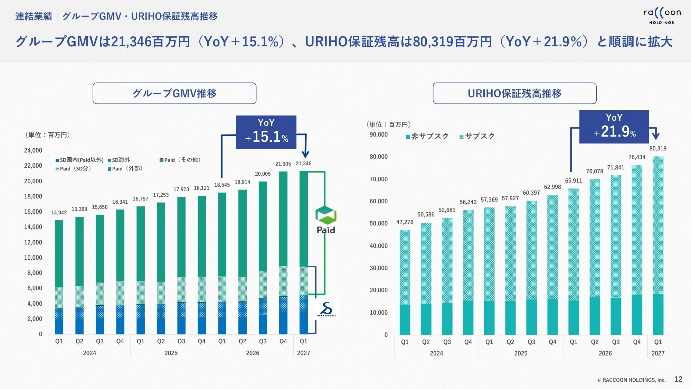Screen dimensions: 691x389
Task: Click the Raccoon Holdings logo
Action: coord(662,16)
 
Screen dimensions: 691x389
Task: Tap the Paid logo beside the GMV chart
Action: coord(326,220)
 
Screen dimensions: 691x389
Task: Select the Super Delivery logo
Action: coord(326,309)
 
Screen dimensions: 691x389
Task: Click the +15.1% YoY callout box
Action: coord(266,132)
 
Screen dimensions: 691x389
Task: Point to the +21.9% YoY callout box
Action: coord(614,127)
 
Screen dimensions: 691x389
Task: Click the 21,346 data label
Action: coord(303,164)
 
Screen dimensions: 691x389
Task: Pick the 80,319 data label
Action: coord(658,148)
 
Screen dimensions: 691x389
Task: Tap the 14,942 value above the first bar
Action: coord(59,213)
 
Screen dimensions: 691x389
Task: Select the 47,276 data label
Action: coord(405,222)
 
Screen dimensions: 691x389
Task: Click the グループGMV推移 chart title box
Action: coord(174,93)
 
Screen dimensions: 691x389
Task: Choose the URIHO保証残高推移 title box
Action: coord(514,93)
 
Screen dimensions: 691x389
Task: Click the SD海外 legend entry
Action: coord(119,160)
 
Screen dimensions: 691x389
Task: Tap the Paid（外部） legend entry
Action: coord(125,169)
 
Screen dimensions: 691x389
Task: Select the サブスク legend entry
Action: coord(477,136)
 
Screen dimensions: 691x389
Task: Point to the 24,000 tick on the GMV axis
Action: coord(33,150)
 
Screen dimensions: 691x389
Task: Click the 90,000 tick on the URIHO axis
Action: coord(379,135)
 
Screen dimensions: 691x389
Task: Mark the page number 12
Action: coord(678,379)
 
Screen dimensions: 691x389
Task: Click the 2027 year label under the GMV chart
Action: coord(303,353)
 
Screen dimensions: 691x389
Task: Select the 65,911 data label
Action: coord(574,180)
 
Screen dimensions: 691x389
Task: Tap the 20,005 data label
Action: coord(263,174)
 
